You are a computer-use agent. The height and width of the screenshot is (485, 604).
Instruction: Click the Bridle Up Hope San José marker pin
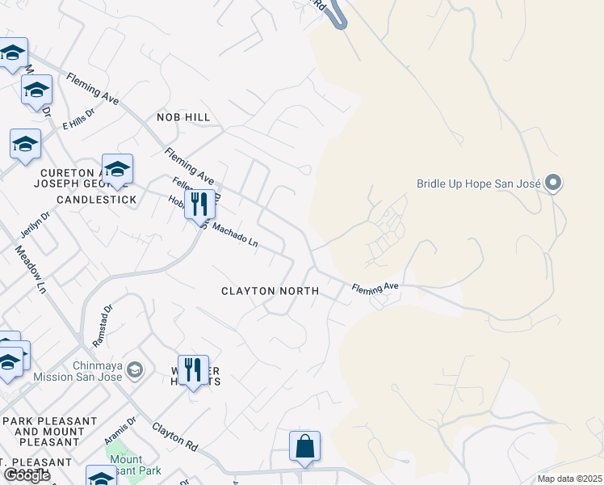553,183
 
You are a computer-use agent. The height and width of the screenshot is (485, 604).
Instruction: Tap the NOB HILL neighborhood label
186,117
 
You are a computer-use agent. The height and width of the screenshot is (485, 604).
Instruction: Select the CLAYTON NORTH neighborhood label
271,291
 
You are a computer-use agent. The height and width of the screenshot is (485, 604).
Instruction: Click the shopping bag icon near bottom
304,447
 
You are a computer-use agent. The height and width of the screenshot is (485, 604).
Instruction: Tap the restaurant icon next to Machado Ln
199,204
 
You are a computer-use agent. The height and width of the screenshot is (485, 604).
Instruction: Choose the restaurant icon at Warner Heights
192,371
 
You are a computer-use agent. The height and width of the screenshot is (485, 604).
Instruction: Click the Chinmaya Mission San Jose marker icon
135,370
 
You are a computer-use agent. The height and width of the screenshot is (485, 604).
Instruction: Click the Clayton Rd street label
174,434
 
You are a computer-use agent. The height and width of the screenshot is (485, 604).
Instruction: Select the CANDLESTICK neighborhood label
96,199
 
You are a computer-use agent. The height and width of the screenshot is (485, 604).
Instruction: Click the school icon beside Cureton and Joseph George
117,169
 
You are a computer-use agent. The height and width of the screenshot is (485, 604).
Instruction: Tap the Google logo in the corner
27,475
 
